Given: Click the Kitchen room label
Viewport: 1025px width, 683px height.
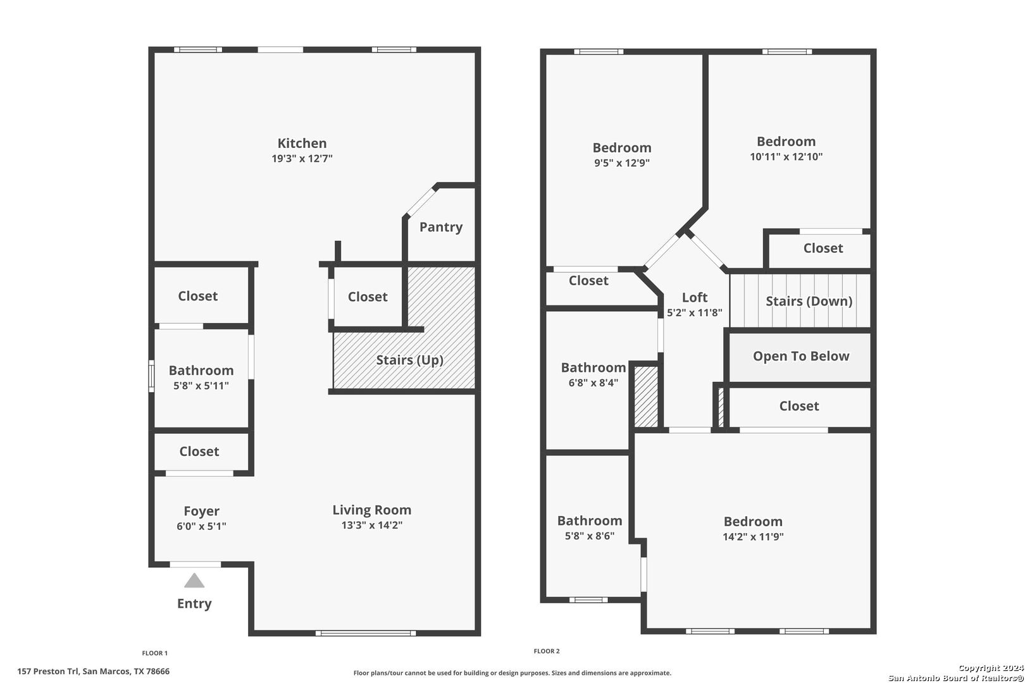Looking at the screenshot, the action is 302,143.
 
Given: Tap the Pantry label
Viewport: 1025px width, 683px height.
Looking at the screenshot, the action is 440,227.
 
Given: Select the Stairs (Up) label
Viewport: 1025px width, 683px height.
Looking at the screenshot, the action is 409,360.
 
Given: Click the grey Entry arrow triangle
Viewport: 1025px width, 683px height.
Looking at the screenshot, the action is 194,580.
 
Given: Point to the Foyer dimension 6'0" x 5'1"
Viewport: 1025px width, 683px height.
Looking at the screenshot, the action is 201,526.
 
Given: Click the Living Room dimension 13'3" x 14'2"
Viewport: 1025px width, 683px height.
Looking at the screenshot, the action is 371,525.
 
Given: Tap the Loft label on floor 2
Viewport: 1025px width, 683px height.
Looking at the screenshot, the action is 695,297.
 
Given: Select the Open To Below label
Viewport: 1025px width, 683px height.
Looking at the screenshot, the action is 801,356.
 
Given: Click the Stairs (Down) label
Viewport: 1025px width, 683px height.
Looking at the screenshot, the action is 809,301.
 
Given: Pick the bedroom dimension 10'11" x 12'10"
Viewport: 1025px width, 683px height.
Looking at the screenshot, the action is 786,156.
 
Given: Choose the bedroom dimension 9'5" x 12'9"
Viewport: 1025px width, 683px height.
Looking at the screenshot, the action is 622,163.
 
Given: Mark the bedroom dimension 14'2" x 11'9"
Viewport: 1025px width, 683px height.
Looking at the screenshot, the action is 753,537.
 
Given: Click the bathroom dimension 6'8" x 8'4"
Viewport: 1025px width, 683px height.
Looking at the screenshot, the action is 593,383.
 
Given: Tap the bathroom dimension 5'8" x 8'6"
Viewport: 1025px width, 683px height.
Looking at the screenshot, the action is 590,536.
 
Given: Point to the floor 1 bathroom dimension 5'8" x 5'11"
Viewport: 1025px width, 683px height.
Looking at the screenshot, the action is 201,386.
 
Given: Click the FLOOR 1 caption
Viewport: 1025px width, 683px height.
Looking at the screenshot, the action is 154,653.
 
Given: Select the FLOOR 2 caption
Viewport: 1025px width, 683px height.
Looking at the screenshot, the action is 547,651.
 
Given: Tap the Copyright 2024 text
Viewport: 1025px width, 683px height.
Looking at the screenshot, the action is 991,668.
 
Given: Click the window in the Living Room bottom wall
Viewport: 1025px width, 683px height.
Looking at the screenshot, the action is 366,633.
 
